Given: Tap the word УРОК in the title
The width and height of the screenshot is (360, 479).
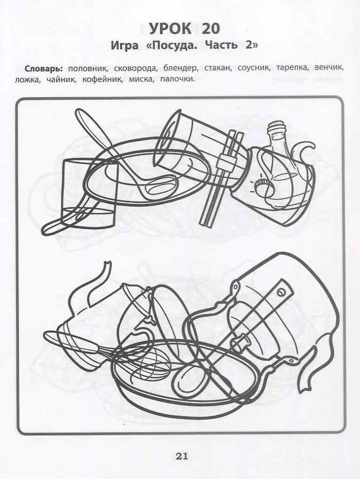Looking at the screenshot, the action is [x=170, y=29].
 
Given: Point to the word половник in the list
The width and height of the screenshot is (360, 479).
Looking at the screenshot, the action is [x=87, y=68].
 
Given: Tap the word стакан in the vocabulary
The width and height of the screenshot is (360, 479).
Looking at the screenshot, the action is [x=217, y=68].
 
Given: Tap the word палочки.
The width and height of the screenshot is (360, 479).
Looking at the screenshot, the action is [x=177, y=80].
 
